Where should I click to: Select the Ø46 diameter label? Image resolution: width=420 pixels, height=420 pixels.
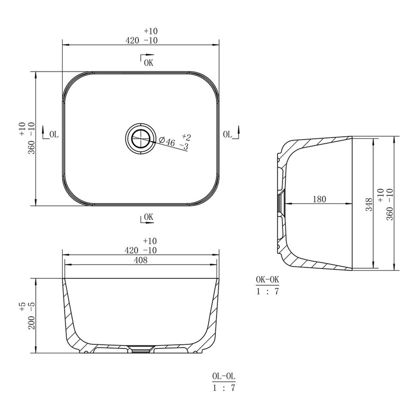167,141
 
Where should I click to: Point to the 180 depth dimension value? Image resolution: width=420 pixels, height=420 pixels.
319,199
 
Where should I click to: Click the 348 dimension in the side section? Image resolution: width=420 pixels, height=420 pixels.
369,204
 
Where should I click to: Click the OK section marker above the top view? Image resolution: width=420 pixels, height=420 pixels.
148,63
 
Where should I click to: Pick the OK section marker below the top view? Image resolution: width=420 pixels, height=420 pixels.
148,217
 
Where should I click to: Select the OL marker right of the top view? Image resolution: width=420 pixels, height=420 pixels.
227,134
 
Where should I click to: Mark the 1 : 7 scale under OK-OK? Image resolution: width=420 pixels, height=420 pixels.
267,291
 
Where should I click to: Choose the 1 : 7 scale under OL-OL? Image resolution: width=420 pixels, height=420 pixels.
223,388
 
